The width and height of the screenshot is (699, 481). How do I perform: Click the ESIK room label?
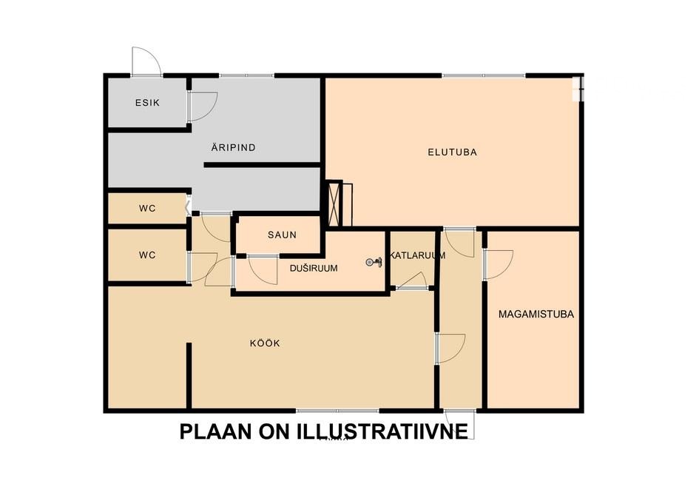pyautogui.click(x=147, y=103)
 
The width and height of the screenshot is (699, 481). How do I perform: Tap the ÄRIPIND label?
pyautogui.click(x=233, y=147)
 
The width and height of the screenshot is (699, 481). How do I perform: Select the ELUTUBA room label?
pyautogui.click(x=452, y=152)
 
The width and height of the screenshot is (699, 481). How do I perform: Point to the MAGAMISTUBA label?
pyautogui.click(x=536, y=314)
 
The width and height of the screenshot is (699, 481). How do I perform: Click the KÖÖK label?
pyautogui.click(x=265, y=343)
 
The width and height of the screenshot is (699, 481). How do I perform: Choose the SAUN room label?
pyautogui.click(x=282, y=235)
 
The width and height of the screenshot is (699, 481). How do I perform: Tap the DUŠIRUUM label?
pyautogui.click(x=314, y=268)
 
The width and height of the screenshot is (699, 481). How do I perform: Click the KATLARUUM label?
pyautogui.click(x=417, y=255)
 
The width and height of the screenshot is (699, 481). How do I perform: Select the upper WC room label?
pyautogui.click(x=147, y=208)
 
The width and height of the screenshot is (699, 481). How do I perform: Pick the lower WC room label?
pyautogui.click(x=147, y=255)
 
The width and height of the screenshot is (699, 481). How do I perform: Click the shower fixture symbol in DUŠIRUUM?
pyautogui.click(x=374, y=262)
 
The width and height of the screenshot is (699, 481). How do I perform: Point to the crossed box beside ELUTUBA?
pyautogui.click(x=334, y=203)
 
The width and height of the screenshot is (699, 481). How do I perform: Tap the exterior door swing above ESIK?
pyautogui.click(x=146, y=61)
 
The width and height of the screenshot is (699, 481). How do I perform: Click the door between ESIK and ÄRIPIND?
pyautogui.click(x=202, y=106)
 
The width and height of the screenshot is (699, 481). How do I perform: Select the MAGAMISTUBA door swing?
pyautogui.click(x=498, y=265)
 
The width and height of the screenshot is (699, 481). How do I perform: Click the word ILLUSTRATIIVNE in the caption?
pyautogui.click(x=382, y=431)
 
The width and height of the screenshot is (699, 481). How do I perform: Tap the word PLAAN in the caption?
pyautogui.click(x=216, y=431)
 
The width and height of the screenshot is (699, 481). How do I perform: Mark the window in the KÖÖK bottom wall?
pyautogui.click(x=337, y=411)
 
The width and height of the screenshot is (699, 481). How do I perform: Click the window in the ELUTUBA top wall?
pyautogui.click(x=484, y=75)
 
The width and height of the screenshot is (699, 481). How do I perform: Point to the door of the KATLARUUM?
pyautogui.click(x=412, y=282)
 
